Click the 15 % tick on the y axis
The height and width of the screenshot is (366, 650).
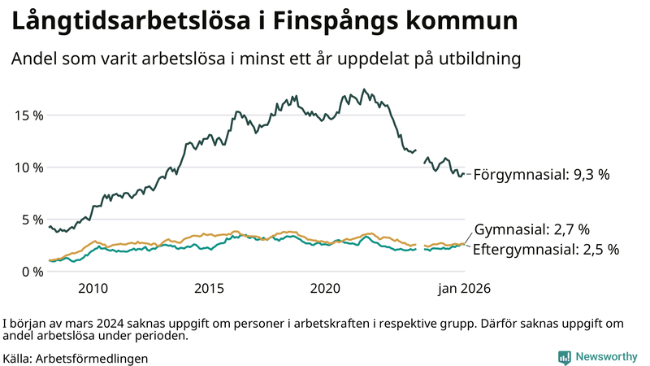[28, 115]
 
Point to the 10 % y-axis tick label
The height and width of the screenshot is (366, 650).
[28, 167]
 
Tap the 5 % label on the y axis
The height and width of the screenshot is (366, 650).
[32, 219]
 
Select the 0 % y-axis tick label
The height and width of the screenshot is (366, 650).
[32, 271]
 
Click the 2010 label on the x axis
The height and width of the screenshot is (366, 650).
[93, 289]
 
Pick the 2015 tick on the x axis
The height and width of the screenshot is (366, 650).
[209, 289]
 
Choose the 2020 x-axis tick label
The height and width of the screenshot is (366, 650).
[325, 289]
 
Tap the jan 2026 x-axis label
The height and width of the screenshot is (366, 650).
[465, 289]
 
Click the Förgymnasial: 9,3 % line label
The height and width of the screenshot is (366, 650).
[541, 174]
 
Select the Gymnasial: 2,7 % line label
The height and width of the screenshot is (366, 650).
[531, 229]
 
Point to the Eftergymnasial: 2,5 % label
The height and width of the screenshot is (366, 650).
[545, 250]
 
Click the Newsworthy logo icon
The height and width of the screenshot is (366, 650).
[564, 357]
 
